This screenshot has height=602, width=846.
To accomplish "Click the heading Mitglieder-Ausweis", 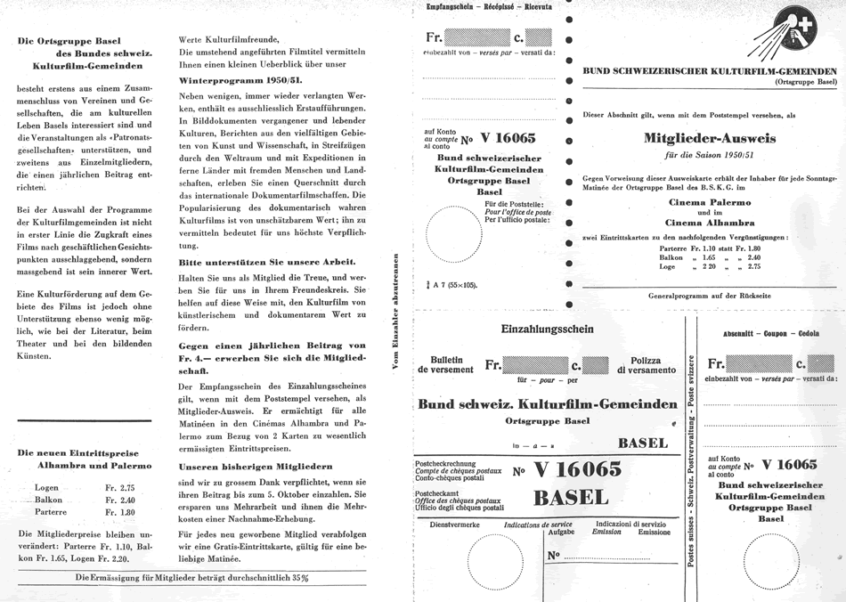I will pyautogui.click(x=710, y=139).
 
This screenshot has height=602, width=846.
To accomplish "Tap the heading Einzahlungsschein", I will pyautogui.click(x=546, y=328).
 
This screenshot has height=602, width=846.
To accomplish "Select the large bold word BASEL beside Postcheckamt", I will pyautogui.click(x=571, y=498).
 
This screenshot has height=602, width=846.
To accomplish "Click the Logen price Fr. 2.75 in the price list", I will pyautogui.click(x=119, y=488).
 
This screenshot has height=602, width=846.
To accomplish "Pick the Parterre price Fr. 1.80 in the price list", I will pyautogui.click(x=119, y=513).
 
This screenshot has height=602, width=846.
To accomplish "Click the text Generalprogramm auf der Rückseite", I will pyautogui.click(x=710, y=295).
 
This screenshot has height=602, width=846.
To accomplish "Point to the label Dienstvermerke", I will pyautogui.click(x=455, y=525).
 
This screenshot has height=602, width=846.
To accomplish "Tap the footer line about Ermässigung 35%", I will pyautogui.click(x=192, y=578).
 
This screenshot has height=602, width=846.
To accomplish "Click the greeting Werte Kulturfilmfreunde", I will pyautogui.click(x=229, y=40).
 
